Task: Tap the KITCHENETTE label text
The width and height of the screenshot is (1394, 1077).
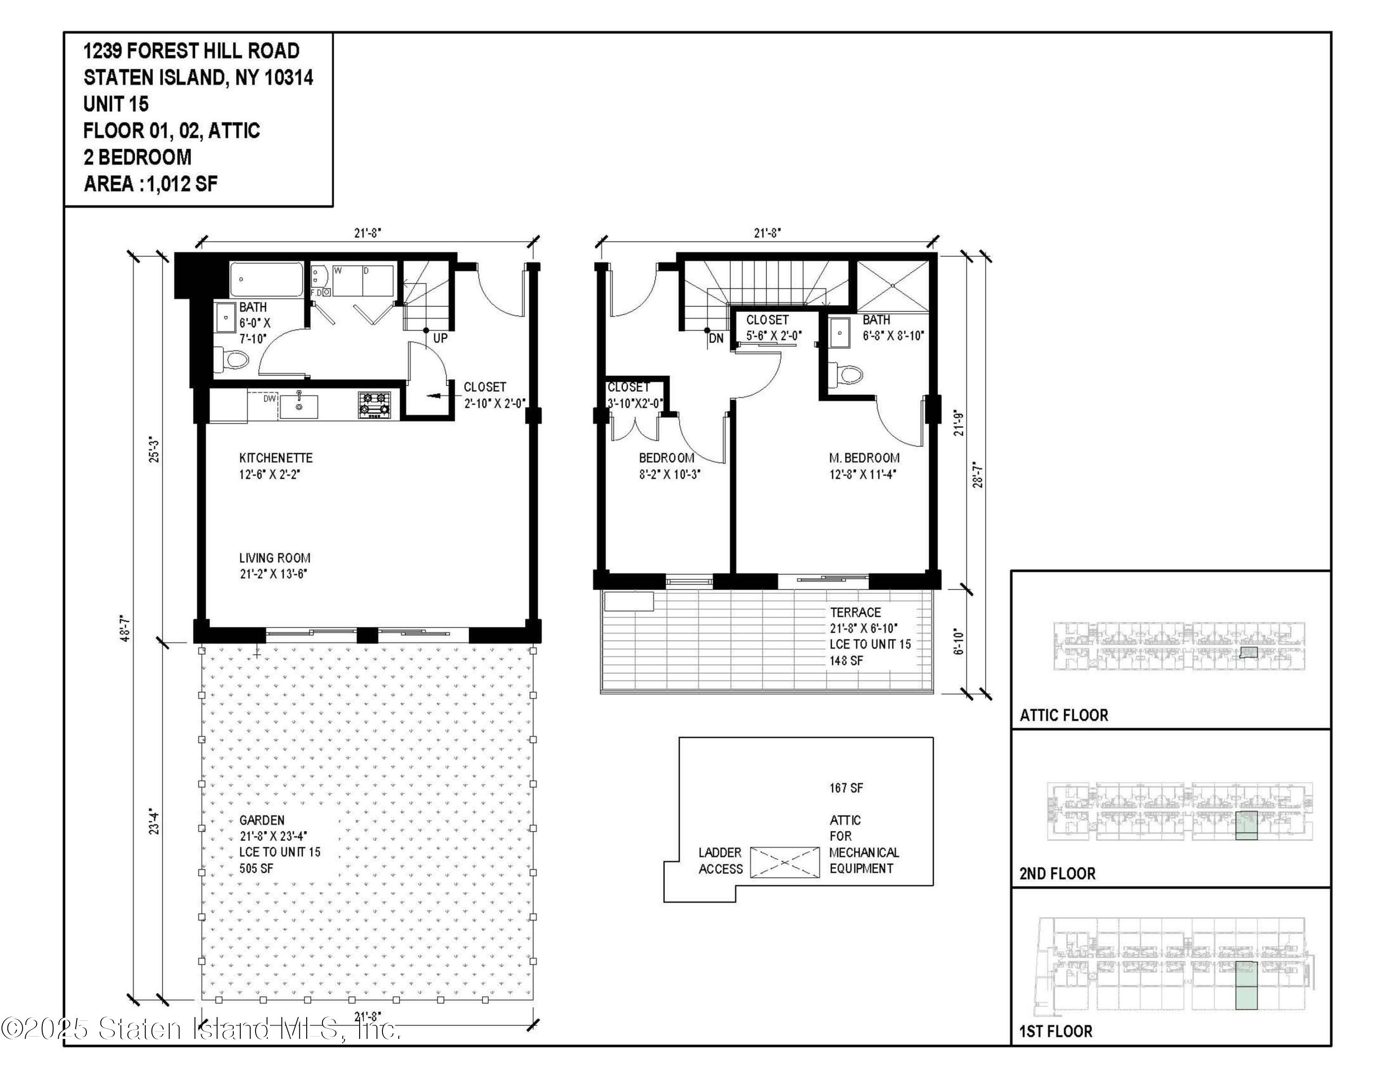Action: pos(276,458)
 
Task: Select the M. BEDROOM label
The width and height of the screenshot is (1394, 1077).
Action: pos(864,458)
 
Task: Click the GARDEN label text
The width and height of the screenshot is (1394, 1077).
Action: pos(262,821)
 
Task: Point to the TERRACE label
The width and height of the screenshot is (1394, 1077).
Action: pos(855,612)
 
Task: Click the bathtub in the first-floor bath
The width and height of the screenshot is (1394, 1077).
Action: pos(267,279)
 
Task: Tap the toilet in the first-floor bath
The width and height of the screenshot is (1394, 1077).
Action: pos(232,360)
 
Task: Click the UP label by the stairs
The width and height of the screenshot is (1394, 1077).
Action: pos(441,338)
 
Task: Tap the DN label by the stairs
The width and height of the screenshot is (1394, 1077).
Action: pos(716,338)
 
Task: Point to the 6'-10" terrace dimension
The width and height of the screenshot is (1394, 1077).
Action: pos(958,642)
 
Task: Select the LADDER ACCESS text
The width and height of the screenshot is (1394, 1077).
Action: pos(720,860)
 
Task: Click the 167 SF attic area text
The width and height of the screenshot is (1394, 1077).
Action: pos(846,788)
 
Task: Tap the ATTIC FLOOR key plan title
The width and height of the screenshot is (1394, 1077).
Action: pos(1063,715)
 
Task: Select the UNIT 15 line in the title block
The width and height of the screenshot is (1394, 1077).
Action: pos(116,104)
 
